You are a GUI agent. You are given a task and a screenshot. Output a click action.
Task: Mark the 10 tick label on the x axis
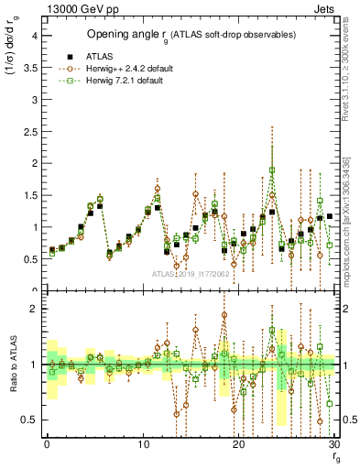coord(143,444)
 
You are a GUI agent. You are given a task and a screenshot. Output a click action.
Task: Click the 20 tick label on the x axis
coord(239,444)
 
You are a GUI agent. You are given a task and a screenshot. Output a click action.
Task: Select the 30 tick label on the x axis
coord(334,444)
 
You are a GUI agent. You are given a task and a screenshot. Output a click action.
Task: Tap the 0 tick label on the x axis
coord(47,444)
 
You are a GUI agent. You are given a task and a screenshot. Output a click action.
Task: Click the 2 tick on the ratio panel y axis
coord(36,309)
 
